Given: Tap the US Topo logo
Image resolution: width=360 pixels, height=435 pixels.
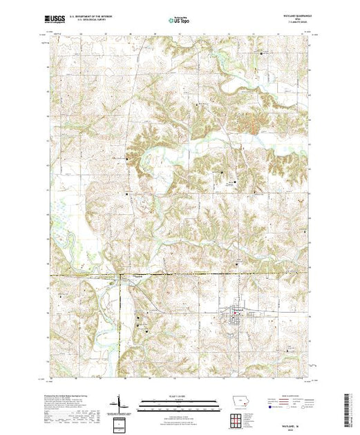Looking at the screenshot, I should click(179, 21).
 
